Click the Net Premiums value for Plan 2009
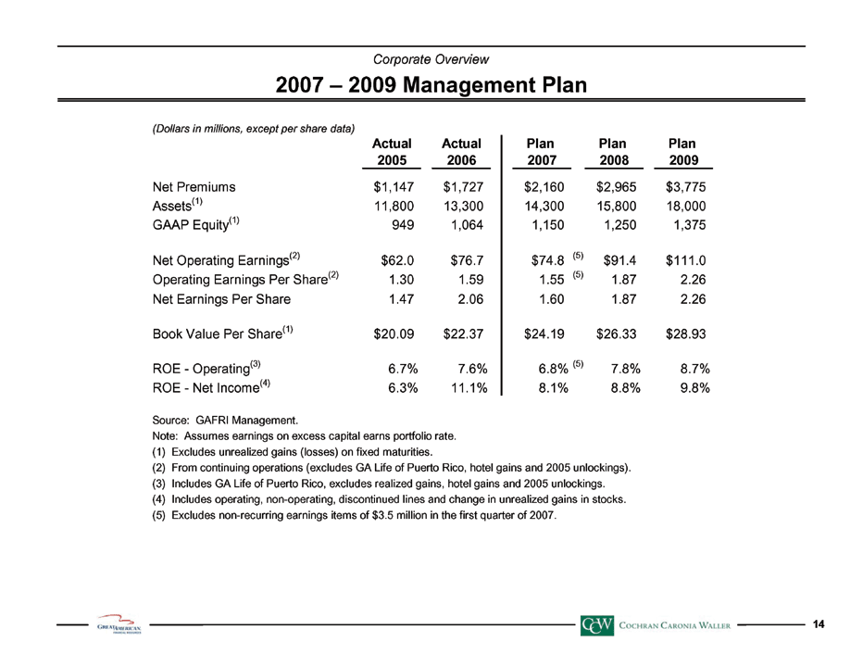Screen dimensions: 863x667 coord(685,187)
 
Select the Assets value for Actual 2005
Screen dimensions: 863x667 coord(394,206)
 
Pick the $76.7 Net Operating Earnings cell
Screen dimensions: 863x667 coord(463,260)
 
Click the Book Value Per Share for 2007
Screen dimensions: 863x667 coord(544,333)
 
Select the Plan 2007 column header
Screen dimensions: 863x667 coord(542,152)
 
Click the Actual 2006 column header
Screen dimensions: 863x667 coord(461,152)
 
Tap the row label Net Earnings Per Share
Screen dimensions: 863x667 coord(221,299)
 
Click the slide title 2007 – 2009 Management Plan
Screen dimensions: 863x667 coord(431,85)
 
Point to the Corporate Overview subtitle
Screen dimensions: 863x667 coord(431,59)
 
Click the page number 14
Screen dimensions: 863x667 coord(819,624)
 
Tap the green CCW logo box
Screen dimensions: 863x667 coord(596,625)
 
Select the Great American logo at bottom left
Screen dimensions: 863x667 coord(119,624)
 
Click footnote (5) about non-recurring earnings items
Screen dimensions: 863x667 coord(355,515)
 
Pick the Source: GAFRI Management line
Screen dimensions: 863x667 coord(225,421)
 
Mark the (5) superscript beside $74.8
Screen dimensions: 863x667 coord(578,256)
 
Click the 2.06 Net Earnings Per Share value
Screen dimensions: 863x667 coord(471,299)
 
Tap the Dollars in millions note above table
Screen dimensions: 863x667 coord(253,129)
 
